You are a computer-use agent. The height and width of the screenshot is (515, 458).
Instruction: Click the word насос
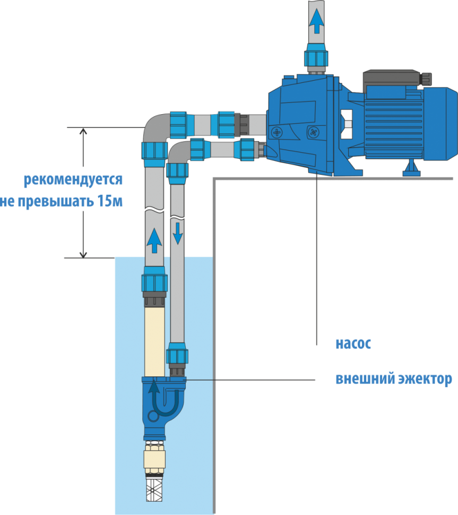pos(353,344)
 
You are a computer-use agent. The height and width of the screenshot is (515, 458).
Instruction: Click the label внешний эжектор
pos(393,380)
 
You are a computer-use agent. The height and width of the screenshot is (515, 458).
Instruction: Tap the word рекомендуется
pos(73,180)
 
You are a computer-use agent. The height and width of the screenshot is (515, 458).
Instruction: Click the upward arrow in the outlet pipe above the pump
pos(316,21)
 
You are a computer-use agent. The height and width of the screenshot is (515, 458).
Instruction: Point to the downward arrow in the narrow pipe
pos(177,231)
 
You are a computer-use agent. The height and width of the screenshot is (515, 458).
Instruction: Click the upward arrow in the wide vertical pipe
pos(154,241)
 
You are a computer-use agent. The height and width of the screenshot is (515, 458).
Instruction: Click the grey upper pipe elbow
pos(154,127)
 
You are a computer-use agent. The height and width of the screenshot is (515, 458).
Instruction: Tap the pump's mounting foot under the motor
pos(411,169)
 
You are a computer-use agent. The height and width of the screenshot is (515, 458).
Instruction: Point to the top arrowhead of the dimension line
pos(83,131)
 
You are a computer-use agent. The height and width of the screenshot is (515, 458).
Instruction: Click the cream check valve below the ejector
pos(154,456)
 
